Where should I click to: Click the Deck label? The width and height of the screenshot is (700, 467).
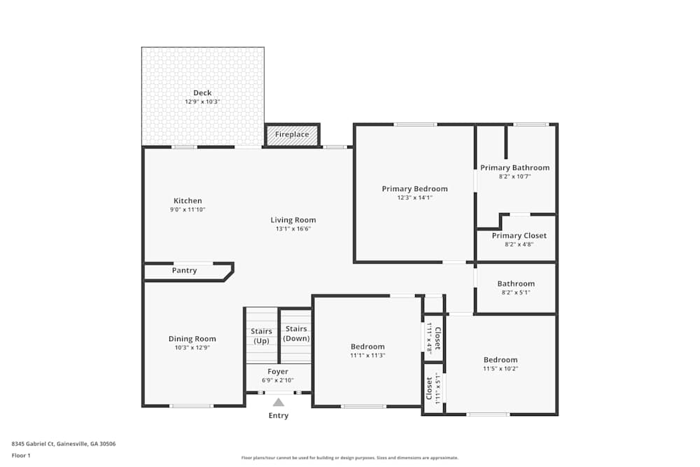coord(202,93)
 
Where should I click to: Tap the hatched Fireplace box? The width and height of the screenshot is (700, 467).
coord(292,134)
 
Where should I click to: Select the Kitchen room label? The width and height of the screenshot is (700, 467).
coord(188,201)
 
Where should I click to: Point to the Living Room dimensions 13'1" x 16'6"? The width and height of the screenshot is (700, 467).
coord(293,228)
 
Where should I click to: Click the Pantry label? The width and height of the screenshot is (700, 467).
coord(184,270)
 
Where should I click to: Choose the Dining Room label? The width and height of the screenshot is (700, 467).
coord(192,339)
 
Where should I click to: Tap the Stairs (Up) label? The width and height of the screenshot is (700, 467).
coord(261,335)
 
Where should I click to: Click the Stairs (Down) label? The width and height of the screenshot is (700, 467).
coord(296,333)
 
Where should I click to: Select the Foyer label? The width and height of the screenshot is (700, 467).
coord(278,371)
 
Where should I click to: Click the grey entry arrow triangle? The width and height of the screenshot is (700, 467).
coord(279,403)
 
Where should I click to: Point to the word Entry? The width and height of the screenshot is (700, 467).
coord(279,416)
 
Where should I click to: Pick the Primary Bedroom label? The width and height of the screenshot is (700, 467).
coord(414,189)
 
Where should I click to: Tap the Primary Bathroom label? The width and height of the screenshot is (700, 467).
coord(514,168)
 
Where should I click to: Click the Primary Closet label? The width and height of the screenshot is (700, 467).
coord(519,236)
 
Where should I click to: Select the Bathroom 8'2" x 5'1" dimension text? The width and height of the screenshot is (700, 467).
coord(516,292)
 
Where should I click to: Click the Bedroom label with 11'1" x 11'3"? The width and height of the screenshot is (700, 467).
coord(367,347)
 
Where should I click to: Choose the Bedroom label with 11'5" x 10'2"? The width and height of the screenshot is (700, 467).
coord(500,360)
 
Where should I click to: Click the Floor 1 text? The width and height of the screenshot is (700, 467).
coord(21,456)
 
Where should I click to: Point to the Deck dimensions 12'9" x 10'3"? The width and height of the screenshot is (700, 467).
coord(202,102)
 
